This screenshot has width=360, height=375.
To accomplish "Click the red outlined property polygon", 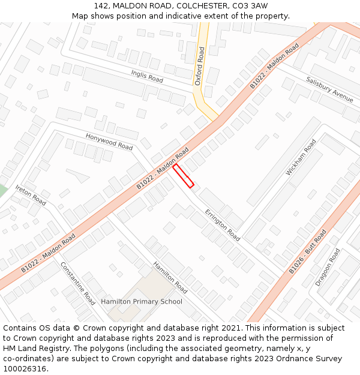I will pos(184,176).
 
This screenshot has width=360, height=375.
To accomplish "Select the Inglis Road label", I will pos(147,76).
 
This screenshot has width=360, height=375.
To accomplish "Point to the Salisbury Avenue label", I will pos(329,89).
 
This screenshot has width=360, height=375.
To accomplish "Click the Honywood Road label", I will pos(109,142).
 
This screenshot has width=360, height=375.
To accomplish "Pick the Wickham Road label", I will pos(301,157).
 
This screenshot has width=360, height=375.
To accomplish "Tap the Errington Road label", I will pos(223,225).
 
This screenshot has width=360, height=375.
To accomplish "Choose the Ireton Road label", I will pos(31,196).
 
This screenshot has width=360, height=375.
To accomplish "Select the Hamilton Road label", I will pos(170,277).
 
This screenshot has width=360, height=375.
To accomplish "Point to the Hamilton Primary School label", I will pos(142,301).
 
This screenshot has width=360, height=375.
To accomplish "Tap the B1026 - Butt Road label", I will pos(308,251).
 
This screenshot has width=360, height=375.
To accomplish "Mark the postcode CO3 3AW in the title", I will pos(251,5).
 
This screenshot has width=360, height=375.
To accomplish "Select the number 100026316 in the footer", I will pos(25,368).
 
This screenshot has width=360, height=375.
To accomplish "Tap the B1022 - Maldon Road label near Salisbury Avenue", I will pos(274,66).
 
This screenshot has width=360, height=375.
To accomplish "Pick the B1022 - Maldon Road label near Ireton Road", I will pos(48,253).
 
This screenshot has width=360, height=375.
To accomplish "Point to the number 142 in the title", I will pos(101,5).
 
